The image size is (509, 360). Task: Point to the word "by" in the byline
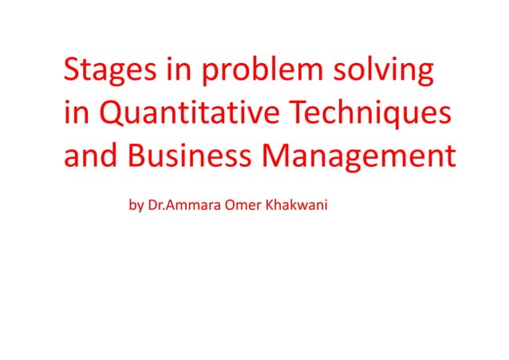136,206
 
